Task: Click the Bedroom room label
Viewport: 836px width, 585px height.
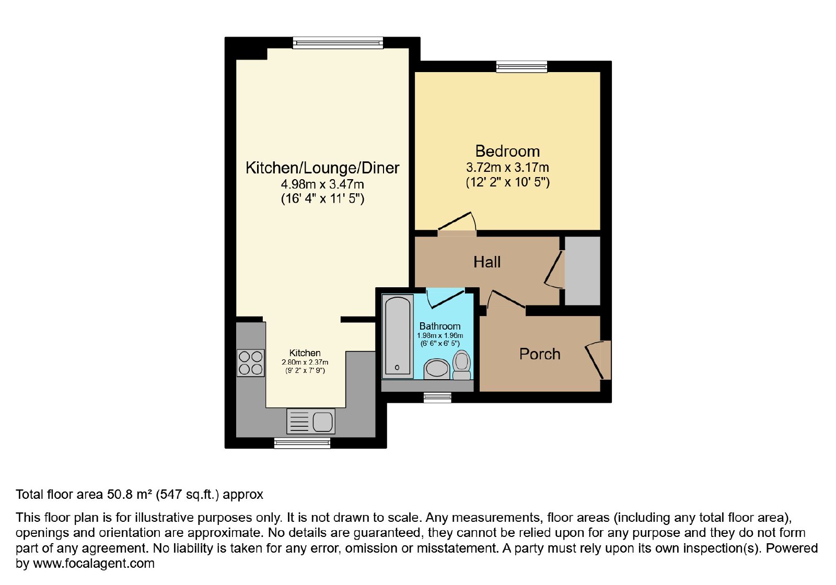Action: click(507, 151)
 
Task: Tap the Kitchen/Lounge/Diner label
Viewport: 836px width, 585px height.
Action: click(322, 168)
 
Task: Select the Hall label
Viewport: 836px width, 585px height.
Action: click(487, 262)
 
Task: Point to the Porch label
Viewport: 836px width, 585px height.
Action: click(540, 354)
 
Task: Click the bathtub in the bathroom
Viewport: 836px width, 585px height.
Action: click(398, 336)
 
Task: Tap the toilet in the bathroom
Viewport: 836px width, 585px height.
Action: click(462, 365)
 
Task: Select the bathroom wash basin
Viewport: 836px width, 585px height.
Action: click(437, 369)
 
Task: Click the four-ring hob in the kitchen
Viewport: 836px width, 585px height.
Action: click(250, 363)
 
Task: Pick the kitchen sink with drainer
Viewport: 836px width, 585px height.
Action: click(310, 421)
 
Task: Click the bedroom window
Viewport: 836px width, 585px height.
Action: click(521, 66)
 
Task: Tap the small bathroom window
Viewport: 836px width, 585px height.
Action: click(437, 397)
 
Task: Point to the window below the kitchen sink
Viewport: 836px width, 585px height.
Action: click(302, 443)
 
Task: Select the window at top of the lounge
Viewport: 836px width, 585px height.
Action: click(338, 42)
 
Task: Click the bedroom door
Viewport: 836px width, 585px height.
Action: click(457, 223)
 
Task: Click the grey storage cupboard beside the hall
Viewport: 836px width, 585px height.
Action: click(582, 271)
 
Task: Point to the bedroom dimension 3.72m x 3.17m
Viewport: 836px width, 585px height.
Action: click(507, 168)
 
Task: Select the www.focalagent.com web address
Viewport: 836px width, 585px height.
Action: click(94, 564)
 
